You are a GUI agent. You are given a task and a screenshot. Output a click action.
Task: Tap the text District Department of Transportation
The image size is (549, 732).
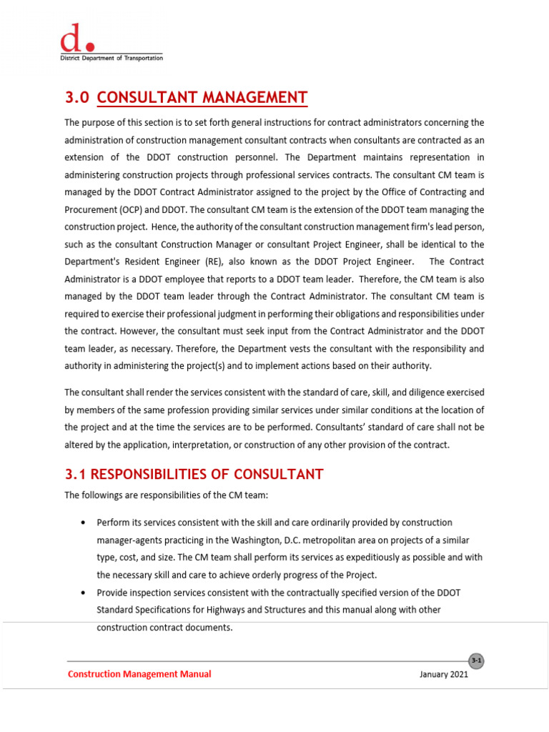pyautogui.click(x=111, y=58)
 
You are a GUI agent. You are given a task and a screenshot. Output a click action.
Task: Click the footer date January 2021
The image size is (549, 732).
pyautogui.click(x=444, y=674)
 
